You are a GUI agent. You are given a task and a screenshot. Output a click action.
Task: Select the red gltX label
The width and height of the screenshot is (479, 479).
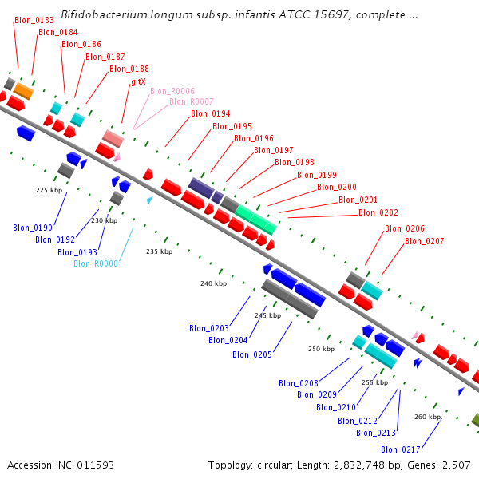click(x=138, y=81)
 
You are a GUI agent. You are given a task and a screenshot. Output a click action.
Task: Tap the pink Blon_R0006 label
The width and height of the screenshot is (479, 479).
click(x=172, y=91)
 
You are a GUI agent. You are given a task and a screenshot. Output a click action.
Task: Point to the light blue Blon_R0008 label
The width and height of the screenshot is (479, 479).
click(x=96, y=263)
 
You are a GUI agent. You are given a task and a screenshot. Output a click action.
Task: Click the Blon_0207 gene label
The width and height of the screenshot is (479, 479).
click(x=424, y=241)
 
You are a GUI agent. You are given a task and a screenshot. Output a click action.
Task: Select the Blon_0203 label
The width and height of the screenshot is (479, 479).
click(x=209, y=328)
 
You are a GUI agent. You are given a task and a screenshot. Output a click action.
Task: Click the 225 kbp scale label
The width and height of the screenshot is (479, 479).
click(x=49, y=190)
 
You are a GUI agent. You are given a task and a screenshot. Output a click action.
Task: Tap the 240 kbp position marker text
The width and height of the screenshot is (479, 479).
click(x=213, y=283)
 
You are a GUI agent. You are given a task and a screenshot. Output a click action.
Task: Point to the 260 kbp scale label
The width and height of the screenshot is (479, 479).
click(x=427, y=417)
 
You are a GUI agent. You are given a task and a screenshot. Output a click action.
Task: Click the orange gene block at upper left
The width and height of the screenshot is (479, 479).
click(x=23, y=91)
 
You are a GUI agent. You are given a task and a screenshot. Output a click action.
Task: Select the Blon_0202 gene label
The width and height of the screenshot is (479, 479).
click(x=378, y=212)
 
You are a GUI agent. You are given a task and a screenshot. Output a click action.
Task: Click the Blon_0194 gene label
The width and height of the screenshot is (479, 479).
click(x=210, y=114)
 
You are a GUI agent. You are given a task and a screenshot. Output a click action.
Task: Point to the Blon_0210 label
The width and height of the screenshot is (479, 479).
click(x=335, y=407)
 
